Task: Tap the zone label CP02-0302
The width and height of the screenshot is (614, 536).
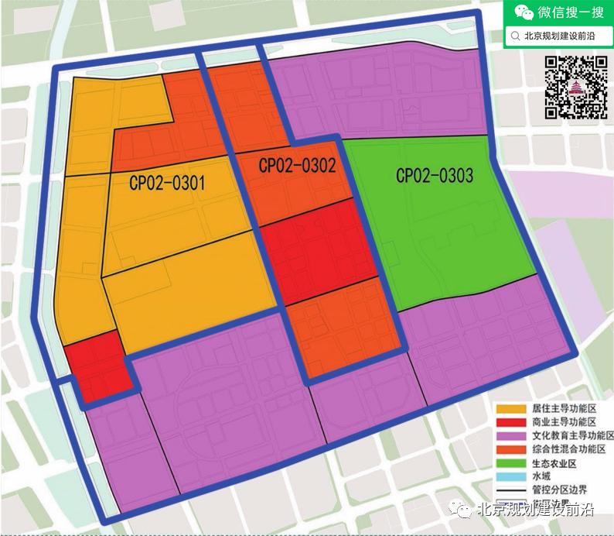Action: pyautogui.click(x=297, y=165)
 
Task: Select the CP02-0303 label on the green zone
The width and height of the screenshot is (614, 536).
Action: pyautogui.click(x=435, y=176)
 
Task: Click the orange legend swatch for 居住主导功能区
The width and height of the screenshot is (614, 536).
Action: pyautogui.click(x=510, y=408)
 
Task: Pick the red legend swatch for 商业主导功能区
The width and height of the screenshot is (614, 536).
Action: pyautogui.click(x=510, y=422)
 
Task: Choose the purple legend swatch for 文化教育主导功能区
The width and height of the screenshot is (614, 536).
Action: pyautogui.click(x=510, y=436)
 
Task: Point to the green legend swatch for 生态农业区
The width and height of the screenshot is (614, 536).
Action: pyautogui.click(x=510, y=464)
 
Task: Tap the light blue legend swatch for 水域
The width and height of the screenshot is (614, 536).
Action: pyautogui.click(x=510, y=478)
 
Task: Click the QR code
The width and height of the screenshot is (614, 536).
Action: pyautogui.click(x=575, y=88)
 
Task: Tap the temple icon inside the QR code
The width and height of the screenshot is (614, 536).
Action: pyautogui.click(x=575, y=88)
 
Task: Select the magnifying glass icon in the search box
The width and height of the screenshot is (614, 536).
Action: pyautogui.click(x=515, y=36)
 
